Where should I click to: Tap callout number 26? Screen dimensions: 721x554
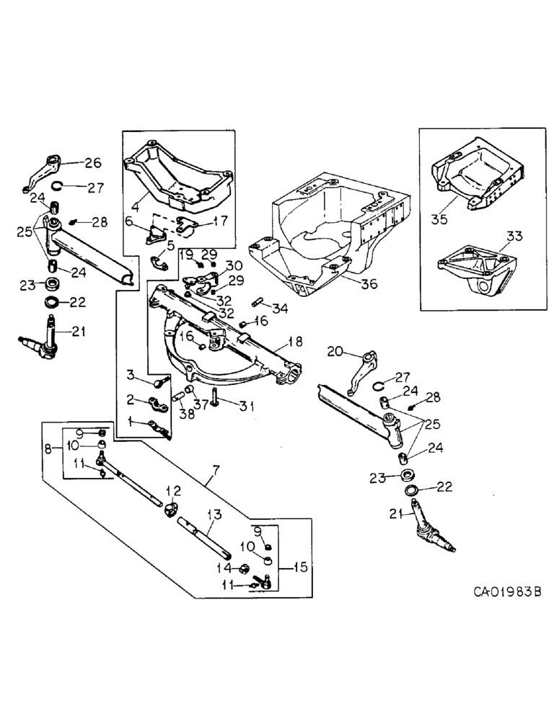coord(94,163)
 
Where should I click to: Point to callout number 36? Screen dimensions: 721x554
coord(369,284)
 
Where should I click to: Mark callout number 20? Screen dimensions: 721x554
coord(334,352)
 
